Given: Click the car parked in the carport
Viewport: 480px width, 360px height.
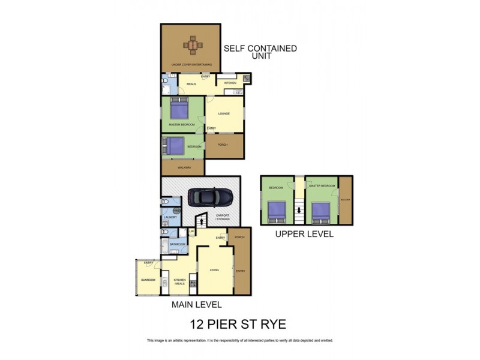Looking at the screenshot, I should [210, 197].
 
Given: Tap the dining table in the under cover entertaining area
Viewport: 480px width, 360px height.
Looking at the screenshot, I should [193, 44].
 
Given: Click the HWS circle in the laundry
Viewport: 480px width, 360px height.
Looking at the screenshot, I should [177, 211].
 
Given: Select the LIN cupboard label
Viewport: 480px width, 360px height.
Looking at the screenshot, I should [192, 231].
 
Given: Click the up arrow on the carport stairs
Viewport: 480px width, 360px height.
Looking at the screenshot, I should [202, 220].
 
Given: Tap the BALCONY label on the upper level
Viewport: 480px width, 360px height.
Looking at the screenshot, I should [345, 200].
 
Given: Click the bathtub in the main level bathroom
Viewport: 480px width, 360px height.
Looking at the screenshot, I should [164, 245].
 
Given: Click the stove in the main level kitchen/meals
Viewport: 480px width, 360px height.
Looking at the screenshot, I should [193, 278].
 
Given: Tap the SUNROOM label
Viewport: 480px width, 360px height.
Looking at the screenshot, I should [148, 280].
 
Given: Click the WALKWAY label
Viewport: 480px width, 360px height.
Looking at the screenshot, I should [184, 168].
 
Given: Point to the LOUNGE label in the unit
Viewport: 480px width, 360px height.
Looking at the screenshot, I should [224, 113].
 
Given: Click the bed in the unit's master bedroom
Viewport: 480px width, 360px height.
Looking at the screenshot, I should [179, 109].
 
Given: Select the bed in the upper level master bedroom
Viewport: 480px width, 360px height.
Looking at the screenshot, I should [322, 211].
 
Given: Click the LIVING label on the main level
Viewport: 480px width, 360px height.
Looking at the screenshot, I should [214, 270].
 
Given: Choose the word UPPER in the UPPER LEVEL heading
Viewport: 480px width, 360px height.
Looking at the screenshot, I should [289, 234].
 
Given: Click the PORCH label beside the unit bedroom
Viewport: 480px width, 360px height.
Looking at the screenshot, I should [223, 145].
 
